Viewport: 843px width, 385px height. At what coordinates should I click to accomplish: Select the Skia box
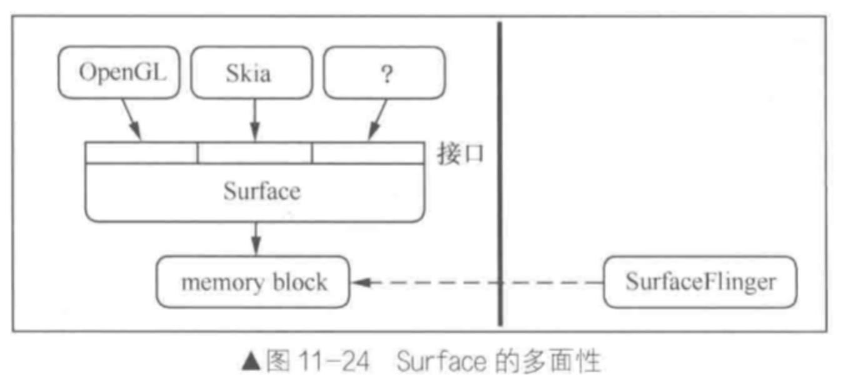(x=250, y=72)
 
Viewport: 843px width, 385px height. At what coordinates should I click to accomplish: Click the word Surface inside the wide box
(x=261, y=191)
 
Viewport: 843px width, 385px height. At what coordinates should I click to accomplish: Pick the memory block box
(x=253, y=282)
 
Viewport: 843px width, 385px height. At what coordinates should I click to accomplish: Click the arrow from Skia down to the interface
(x=255, y=120)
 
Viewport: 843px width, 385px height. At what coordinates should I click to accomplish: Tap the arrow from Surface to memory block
(x=255, y=238)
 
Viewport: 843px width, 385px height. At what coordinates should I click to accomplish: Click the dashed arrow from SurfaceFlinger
(x=475, y=282)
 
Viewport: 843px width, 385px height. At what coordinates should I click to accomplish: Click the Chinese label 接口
(x=461, y=154)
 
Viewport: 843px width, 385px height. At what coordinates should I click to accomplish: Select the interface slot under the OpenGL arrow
(x=141, y=153)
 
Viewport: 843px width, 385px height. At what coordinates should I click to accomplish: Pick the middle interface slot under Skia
(x=255, y=153)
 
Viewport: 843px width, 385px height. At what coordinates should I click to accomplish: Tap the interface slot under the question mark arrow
(x=368, y=153)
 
